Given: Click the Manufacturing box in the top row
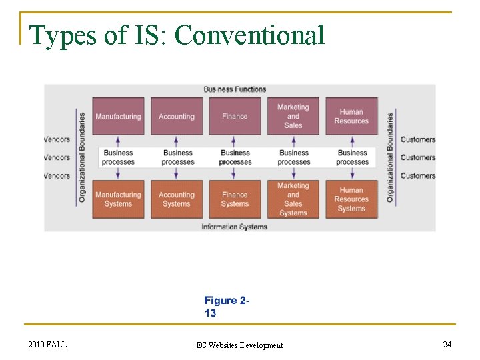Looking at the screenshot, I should [118, 117].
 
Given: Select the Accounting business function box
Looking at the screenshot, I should [177, 117].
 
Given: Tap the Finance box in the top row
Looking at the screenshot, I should [235, 117].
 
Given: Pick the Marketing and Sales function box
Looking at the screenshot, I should [293, 117].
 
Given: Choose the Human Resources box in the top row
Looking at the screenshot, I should [351, 117].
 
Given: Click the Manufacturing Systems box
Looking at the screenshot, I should [118, 199].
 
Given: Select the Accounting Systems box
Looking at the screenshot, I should [177, 199].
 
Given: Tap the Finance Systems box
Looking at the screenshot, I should [235, 199].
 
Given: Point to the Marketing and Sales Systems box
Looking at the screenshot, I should [293, 199].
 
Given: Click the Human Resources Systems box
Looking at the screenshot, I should [351, 199].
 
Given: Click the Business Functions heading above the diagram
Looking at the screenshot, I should [235, 89].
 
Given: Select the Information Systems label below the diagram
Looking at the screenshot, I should [235, 227].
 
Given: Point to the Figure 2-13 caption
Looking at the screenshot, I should [227, 307].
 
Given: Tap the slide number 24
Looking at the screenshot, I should [447, 344].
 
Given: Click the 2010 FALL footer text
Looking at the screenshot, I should [47, 344].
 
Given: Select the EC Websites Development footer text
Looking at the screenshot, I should [239, 345].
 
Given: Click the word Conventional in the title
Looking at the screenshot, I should [249, 35].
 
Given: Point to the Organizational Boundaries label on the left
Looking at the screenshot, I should [82, 157].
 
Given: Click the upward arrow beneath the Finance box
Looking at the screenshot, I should [235, 140].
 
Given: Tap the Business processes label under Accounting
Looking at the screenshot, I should [178, 157].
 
